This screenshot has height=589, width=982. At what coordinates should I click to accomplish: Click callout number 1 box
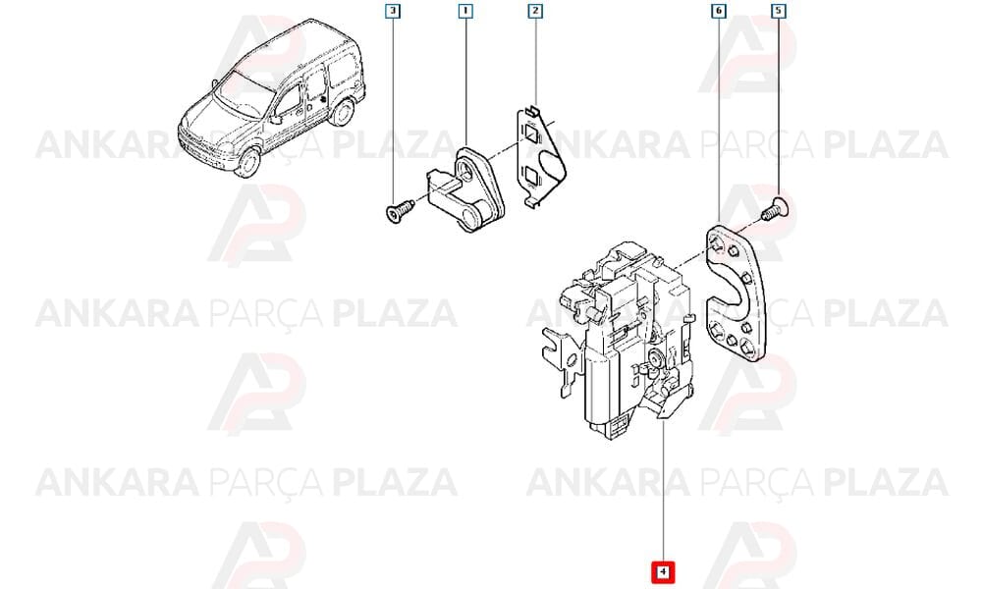(465, 11)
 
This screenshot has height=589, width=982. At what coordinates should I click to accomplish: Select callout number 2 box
(535, 11)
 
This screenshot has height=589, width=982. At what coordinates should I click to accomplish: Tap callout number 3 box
(392, 11)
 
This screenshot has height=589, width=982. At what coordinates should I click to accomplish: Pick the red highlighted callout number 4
(663, 571)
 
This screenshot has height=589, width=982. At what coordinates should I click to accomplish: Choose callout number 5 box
(778, 11)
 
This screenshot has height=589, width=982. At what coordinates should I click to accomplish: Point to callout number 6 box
(719, 11)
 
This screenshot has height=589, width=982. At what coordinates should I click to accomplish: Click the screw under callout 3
(399, 211)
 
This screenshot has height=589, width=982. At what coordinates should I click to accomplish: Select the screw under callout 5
(776, 209)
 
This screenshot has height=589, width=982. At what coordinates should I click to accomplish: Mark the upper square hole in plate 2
(532, 134)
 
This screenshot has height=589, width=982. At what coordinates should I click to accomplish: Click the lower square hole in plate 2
(531, 177)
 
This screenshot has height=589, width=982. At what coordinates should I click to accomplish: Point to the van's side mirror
(275, 120)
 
